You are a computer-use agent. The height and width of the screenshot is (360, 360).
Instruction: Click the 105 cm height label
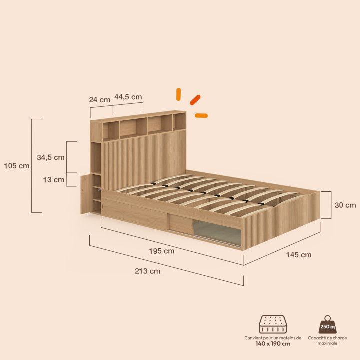click(17, 166)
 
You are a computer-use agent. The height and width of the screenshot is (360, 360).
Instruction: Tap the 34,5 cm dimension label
click(51, 157)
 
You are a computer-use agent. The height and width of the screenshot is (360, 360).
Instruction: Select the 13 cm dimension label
click(54, 180)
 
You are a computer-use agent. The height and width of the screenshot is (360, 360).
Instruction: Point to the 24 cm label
click(100, 100)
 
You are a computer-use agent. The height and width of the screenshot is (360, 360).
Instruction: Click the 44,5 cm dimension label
click(128, 97)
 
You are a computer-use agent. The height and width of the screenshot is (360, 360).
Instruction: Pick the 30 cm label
click(345, 205)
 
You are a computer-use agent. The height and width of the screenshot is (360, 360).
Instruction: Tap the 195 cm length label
click(162, 251)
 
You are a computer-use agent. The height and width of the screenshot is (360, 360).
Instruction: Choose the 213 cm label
click(147, 271)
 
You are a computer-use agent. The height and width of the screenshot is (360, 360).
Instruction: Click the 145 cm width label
click(299, 255)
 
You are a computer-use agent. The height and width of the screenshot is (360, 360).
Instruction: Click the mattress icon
click(273, 324)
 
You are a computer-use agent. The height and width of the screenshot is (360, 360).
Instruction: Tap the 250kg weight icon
click(327, 324)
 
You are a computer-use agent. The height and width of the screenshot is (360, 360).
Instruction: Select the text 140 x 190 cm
click(273, 344)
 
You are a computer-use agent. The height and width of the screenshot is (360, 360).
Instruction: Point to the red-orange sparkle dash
click(195, 100)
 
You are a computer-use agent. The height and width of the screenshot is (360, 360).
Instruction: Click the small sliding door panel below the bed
click(181, 223)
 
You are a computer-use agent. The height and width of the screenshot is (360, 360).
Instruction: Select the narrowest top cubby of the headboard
click(179, 121)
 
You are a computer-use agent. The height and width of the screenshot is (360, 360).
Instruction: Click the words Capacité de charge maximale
click(327, 341)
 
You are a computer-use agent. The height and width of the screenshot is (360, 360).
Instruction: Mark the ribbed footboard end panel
click(281, 221)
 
